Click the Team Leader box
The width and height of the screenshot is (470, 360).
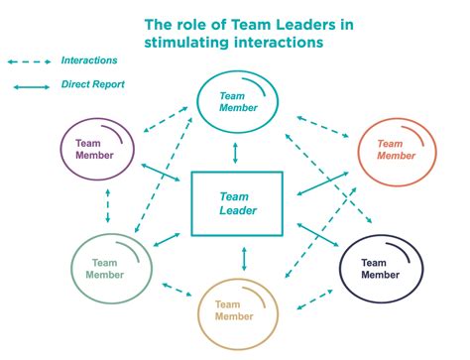(236, 203)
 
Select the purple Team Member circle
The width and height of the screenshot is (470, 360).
(99, 150)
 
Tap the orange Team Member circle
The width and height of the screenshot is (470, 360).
(396, 150)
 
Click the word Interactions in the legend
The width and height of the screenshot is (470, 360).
(87, 60)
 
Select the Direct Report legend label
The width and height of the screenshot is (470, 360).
(93, 85)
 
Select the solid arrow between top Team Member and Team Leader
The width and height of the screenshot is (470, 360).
(235, 153)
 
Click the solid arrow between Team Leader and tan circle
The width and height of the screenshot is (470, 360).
(243, 258)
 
